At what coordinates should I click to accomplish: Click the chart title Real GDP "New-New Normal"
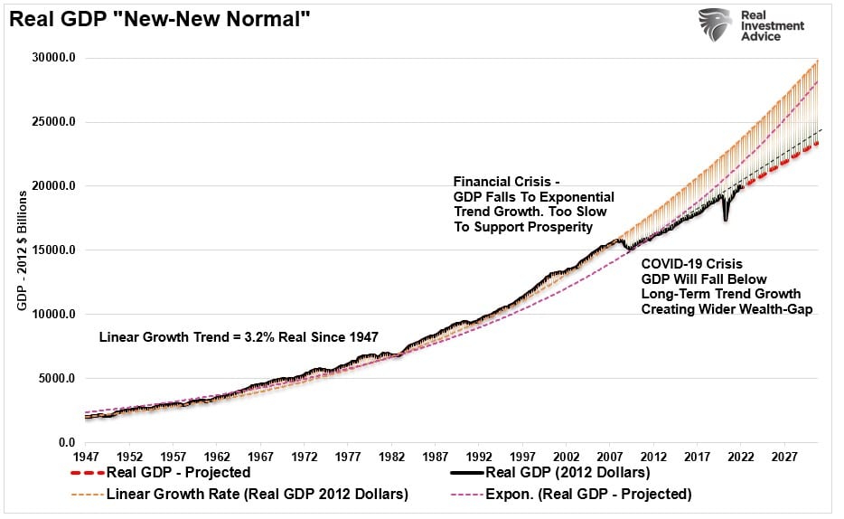[160, 19]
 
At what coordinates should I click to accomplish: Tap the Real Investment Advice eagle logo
[715, 24]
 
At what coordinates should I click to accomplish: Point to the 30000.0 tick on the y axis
[54, 58]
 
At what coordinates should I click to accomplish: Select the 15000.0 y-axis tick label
[54, 250]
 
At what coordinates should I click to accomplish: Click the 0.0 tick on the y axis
[67, 442]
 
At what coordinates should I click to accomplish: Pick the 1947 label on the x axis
[86, 458]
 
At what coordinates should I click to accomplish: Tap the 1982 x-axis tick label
[392, 458]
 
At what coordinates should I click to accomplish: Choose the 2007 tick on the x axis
[610, 458]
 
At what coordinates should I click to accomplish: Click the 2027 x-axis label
[784, 458]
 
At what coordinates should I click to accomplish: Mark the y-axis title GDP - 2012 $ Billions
[22, 250]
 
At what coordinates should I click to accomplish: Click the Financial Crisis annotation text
[534, 204]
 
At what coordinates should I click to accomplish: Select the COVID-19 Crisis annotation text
[727, 287]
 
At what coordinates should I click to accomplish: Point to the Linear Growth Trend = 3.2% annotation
[239, 337]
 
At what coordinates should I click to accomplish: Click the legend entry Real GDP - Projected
[161, 473]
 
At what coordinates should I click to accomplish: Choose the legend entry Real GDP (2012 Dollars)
[550, 473]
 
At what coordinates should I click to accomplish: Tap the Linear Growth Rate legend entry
[239, 495]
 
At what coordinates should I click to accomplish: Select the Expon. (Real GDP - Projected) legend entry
[570, 495]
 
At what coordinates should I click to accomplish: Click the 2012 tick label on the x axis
[653, 458]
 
